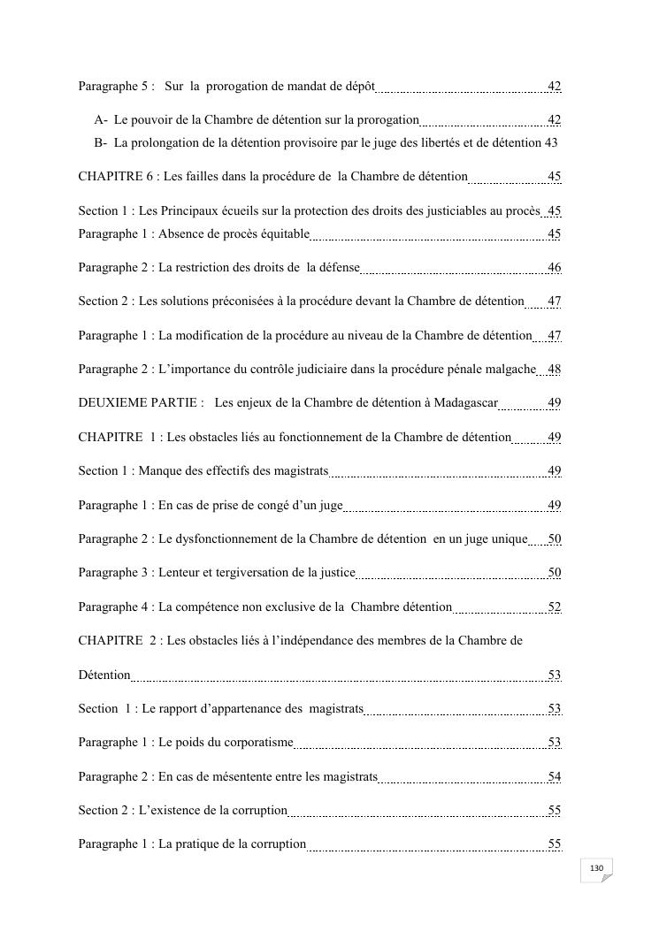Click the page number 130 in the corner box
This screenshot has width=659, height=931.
(596, 868)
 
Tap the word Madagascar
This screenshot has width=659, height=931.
(466, 403)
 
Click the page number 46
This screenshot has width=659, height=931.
(554, 268)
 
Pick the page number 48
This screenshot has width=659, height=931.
(554, 369)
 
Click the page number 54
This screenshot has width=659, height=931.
(554, 776)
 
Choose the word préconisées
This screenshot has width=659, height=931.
(237, 301)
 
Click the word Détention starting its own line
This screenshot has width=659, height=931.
(104, 675)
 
